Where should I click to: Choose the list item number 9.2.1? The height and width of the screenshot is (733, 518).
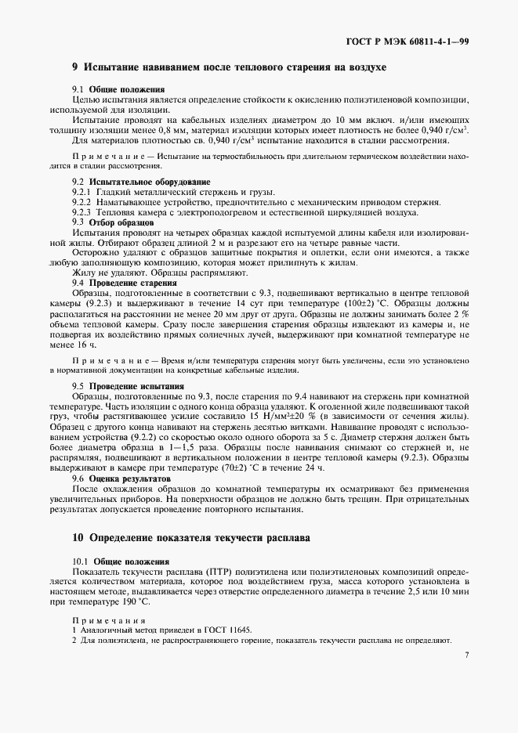(x=82, y=192)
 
